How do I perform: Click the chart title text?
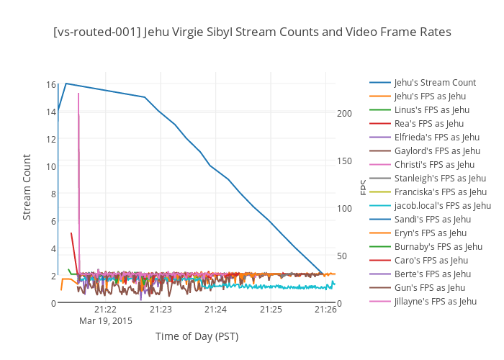point(252,32)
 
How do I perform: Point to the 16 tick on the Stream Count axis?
point(51,84)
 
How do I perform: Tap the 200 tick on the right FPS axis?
point(343,114)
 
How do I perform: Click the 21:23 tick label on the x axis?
point(161,309)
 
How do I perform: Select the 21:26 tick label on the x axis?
point(325,309)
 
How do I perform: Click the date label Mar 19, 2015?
point(106,321)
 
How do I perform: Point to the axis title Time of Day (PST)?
point(197,336)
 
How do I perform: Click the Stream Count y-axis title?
point(27,187)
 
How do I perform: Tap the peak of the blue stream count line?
point(66,84)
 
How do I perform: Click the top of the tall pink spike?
point(78,94)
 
